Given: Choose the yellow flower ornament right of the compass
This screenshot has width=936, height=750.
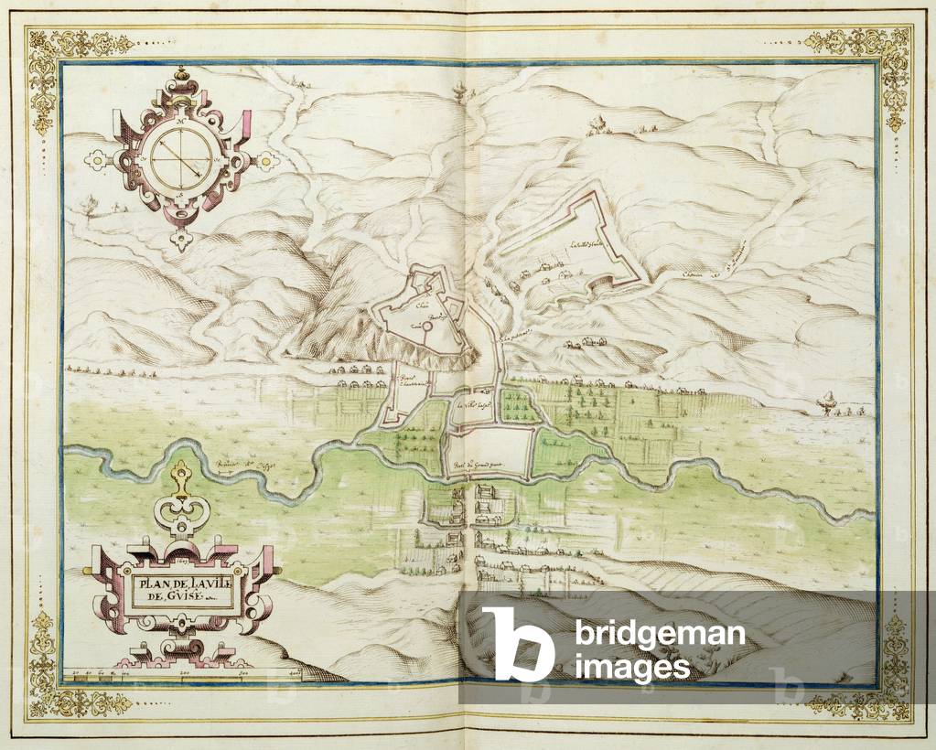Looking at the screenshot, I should pyautogui.click(x=265, y=161).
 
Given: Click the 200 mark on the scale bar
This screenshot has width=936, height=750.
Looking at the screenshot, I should pyautogui.click(x=185, y=673).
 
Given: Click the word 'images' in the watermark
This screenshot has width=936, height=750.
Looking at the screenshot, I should pyautogui.click(x=631, y=666).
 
